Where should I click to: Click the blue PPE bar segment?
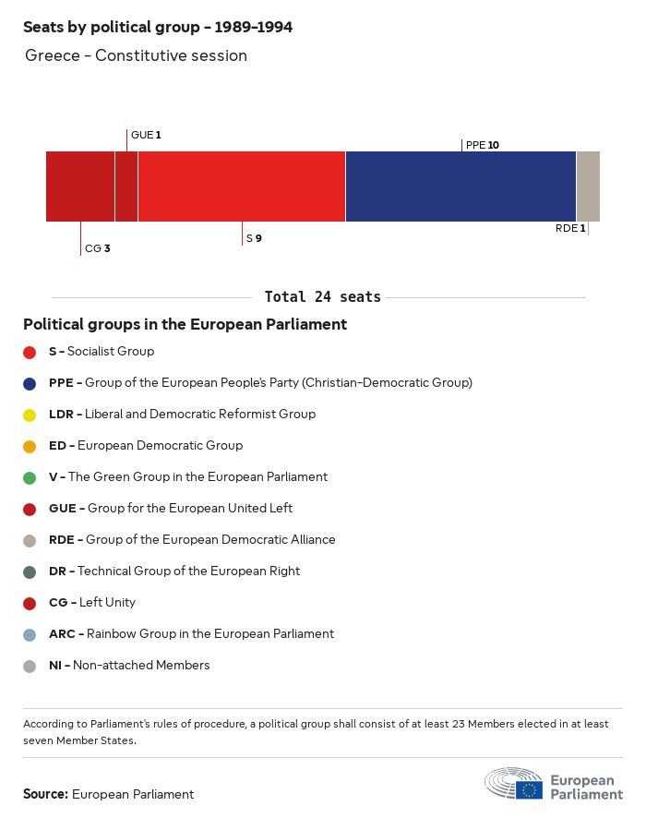(461, 186)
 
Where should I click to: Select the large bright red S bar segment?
(241, 186)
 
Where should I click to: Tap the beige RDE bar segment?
(588, 186)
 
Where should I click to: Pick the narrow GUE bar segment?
(126, 186)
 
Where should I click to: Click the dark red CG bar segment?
(80, 186)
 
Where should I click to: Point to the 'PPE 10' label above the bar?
(483, 145)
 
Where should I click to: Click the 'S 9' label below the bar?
(254, 238)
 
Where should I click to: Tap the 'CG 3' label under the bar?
(97, 248)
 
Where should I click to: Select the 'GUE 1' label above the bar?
(146, 135)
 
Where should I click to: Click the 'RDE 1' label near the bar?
(570, 228)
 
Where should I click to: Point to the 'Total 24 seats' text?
(322, 296)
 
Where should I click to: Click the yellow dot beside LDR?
(30, 415)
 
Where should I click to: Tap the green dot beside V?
(30, 477)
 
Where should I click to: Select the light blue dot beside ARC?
(30, 634)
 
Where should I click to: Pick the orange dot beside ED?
(30, 446)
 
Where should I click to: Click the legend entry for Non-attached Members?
(129, 665)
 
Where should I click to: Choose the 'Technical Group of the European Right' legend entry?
(174, 571)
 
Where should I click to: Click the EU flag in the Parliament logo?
(529, 789)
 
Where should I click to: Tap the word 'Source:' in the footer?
(45, 794)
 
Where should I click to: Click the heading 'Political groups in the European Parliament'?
(185, 324)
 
